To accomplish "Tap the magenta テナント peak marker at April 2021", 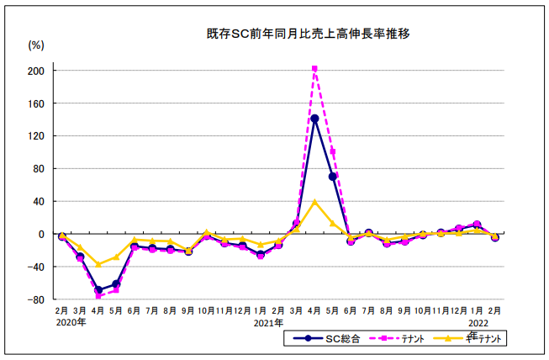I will [x=314, y=68].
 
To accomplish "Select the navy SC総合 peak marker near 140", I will [x=314, y=119].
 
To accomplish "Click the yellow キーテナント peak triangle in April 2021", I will [x=314, y=202].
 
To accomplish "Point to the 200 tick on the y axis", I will [x=36, y=71].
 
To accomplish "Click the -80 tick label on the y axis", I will [x=36, y=299].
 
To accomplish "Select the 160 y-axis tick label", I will [x=36, y=103].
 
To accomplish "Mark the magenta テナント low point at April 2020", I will [x=98, y=296].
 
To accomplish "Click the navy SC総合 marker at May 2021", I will [x=333, y=177].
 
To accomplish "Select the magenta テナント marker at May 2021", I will [x=333, y=152].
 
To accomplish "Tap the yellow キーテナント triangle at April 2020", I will [x=98, y=264].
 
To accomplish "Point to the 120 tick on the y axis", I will [x=36, y=136].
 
